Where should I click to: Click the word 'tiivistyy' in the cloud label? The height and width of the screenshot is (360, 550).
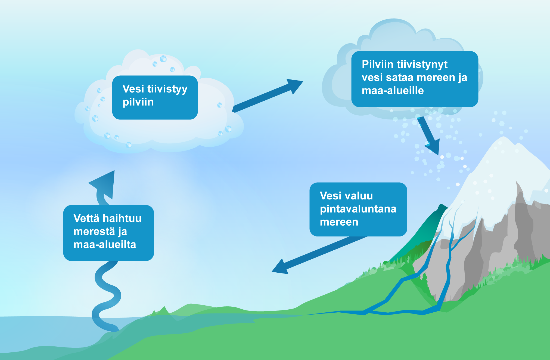pos(167,89)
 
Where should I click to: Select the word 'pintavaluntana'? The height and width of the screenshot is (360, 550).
pos(358,209)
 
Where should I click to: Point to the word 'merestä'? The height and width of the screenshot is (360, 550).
pos(94,232)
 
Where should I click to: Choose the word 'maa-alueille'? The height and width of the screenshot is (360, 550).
pos(393,91)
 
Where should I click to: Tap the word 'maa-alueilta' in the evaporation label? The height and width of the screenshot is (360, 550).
pos(105,245)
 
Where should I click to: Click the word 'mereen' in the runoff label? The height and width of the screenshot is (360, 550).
pos(339,222)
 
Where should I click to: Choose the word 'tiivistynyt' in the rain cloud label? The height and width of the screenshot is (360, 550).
pos(422,64)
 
